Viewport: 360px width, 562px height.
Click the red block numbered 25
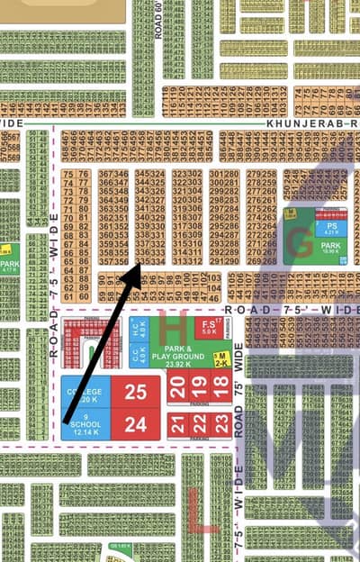coord(135,392)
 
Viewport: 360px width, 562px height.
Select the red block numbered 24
coord(135,425)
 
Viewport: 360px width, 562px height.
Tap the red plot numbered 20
coord(178,388)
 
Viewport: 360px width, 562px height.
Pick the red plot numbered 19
coord(199,388)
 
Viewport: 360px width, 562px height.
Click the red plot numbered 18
coord(220,388)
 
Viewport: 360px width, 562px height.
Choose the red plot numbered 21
coord(178,424)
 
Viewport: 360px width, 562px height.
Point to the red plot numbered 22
coord(199,424)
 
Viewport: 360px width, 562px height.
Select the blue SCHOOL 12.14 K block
coord(86,425)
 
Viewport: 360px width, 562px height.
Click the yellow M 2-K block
coord(220,358)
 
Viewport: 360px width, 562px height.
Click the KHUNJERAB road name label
coord(292,122)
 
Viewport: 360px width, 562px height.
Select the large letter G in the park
coord(297,236)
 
